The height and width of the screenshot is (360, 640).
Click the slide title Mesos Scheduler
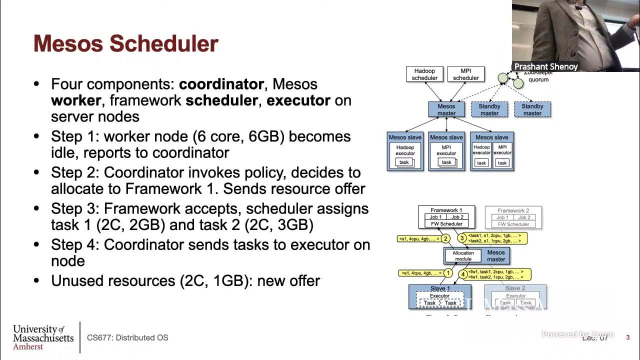coord(125,44)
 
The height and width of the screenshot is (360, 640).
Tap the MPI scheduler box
coord(466,74)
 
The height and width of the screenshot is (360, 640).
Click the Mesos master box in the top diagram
coord(446,109)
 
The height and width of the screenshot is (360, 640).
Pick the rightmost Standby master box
coord(532,109)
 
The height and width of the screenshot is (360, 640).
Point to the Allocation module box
coord(463,256)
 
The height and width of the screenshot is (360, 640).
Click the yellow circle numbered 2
coord(445,238)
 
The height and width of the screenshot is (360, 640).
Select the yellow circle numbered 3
coord(462,238)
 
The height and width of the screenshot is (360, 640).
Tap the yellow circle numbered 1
coord(448,273)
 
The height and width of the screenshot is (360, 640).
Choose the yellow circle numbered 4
coord(463,274)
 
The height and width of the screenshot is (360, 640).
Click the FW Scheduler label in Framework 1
coord(446,224)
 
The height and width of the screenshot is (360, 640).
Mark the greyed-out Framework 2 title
coord(513,210)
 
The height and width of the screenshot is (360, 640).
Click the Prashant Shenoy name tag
coord(545,66)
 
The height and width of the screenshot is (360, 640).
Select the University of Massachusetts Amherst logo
coord(43,337)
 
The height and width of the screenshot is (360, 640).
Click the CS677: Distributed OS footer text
coord(127,337)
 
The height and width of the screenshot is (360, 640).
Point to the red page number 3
coord(628,337)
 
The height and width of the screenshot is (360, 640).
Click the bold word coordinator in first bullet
coord(221,84)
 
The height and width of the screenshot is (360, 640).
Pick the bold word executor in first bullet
coord(298,100)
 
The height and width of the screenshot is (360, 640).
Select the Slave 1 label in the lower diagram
coord(440,288)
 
